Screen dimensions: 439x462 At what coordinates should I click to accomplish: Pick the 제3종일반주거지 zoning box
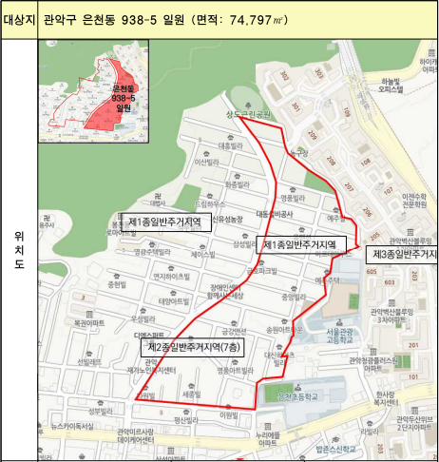[x=402, y=254]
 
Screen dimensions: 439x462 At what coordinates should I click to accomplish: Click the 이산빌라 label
[x=181, y=163]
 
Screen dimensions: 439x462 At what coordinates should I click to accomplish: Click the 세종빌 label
[x=191, y=393]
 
